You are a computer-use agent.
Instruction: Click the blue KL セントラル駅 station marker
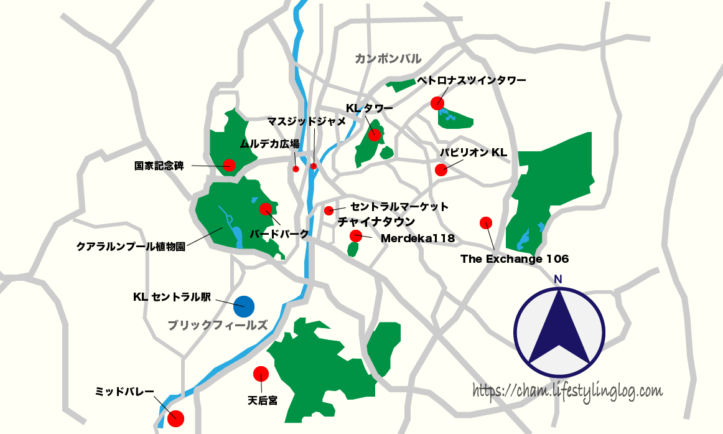(244, 305)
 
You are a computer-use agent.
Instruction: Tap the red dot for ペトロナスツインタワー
(437, 103)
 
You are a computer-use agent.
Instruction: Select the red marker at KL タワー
(374, 135)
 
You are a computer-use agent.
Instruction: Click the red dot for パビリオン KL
(441, 169)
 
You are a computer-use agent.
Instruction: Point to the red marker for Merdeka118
(356, 235)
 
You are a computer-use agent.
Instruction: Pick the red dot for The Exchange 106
(486, 222)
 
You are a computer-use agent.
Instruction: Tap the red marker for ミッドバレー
(176, 418)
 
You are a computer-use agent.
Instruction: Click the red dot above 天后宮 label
(261, 374)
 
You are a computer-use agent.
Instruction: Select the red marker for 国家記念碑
(229, 165)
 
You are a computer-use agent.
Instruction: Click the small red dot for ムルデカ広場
(296, 169)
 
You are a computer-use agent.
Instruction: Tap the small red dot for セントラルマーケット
(329, 210)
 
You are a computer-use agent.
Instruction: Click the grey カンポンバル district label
(388, 59)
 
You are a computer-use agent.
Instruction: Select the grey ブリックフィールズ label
(218, 324)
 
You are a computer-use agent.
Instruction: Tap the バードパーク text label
(279, 234)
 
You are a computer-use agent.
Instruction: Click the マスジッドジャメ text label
(306, 121)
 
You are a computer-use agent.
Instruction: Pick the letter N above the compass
(558, 279)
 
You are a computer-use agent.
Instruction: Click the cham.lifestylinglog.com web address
(567, 391)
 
